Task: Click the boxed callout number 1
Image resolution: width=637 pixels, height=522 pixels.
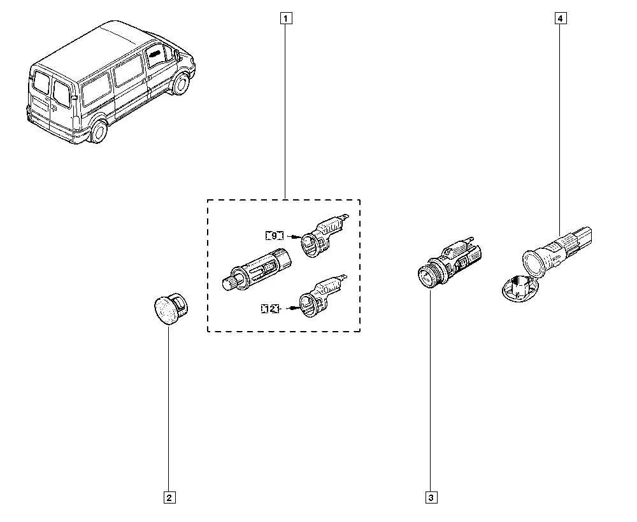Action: [x=286, y=18]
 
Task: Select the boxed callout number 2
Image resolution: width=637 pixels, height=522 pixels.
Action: [x=169, y=498]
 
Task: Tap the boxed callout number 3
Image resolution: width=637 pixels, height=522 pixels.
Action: [x=431, y=498]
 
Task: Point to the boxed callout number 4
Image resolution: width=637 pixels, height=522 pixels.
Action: [x=561, y=18]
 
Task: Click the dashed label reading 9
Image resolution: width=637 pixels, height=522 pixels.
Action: [x=274, y=236]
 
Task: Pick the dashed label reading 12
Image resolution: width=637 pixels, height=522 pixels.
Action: [x=270, y=309]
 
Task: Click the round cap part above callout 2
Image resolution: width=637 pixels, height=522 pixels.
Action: [x=171, y=309]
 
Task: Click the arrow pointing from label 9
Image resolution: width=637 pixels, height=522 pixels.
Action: [x=293, y=236]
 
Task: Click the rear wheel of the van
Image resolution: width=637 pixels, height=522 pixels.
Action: [x=98, y=131]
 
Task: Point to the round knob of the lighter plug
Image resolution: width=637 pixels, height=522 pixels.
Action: [x=229, y=281]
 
